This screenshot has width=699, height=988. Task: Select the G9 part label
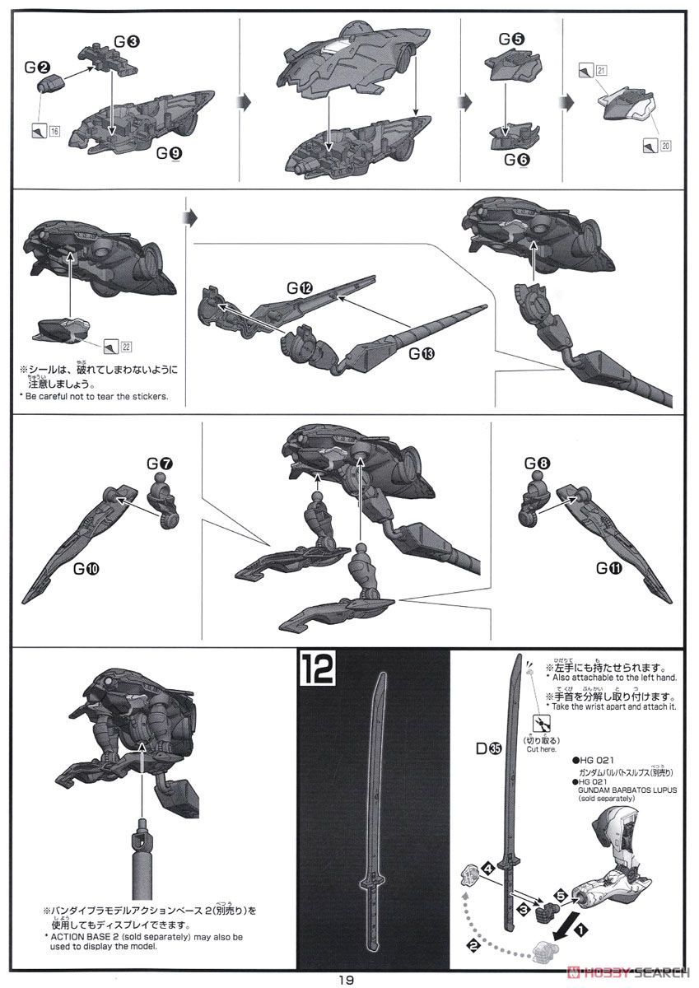tap(170, 154)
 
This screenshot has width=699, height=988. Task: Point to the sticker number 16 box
tap(55, 131)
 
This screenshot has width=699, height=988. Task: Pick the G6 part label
tap(516, 159)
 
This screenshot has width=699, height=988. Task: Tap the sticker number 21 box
tap(602, 71)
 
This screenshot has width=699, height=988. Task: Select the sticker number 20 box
tap(665, 146)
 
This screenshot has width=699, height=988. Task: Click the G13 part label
tap(422, 355)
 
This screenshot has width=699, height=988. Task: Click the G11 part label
tap(612, 567)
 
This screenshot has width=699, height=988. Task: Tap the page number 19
tap(346, 980)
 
